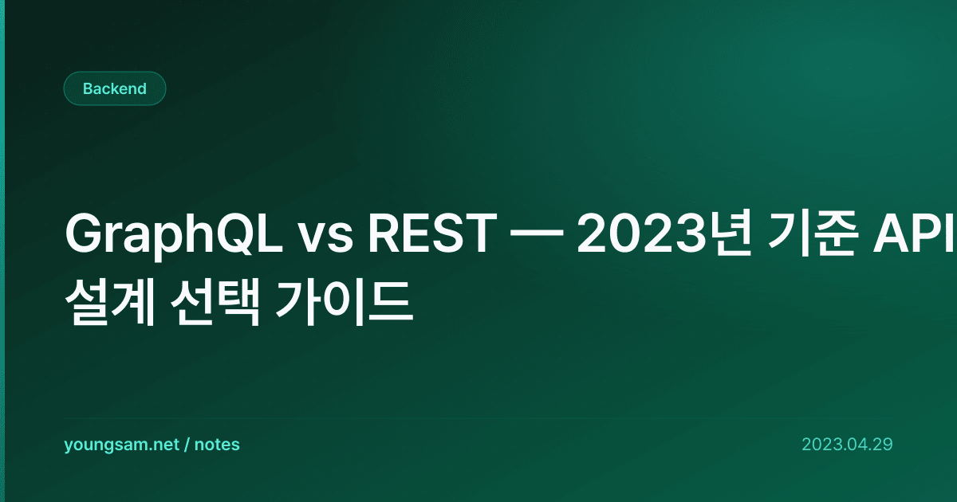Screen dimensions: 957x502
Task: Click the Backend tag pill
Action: click(x=115, y=88)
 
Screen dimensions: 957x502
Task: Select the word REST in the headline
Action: click(x=433, y=233)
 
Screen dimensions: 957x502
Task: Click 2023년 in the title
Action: click(x=664, y=233)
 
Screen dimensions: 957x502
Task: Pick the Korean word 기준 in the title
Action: click(x=813, y=233)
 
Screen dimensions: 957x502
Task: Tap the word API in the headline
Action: click(x=913, y=233)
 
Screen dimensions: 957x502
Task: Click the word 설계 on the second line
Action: click(x=110, y=304)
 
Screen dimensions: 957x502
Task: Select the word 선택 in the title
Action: click(x=215, y=304)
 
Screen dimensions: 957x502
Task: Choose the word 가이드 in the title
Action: click(x=345, y=304)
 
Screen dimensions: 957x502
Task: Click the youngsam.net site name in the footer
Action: click(x=121, y=445)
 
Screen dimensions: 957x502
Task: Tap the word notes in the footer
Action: click(x=217, y=445)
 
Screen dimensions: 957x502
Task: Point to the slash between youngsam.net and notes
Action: click(x=187, y=445)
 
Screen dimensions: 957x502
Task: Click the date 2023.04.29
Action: click(x=847, y=445)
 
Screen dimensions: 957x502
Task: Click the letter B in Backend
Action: click(x=88, y=88)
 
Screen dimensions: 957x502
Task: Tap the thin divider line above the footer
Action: click(x=478, y=419)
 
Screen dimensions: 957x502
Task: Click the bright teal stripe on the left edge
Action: click(x=2, y=251)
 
